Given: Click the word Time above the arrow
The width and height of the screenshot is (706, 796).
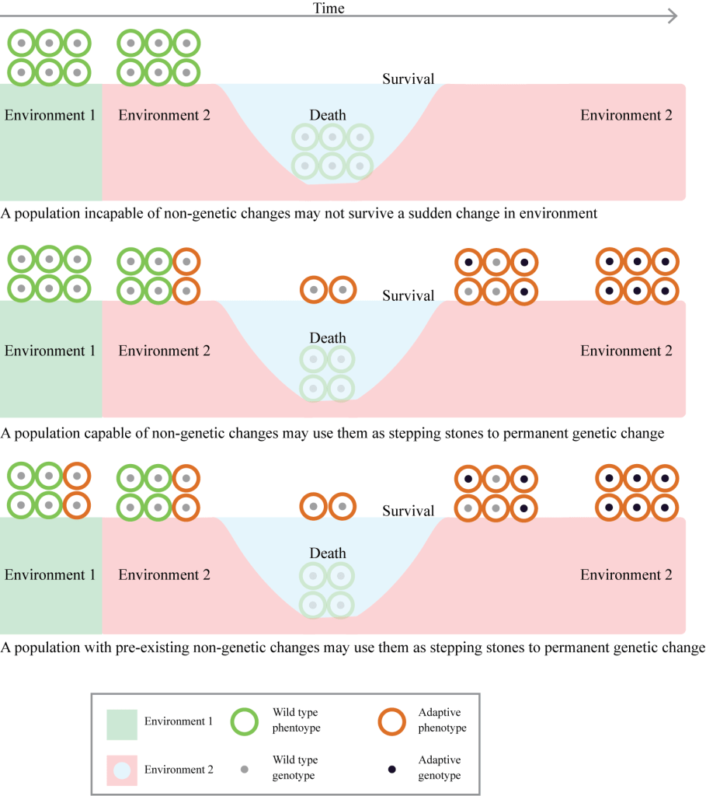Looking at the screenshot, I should (x=329, y=9).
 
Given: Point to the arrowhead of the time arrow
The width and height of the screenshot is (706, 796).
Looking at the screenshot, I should (x=673, y=16).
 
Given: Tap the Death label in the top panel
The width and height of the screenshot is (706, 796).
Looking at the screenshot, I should (x=328, y=115).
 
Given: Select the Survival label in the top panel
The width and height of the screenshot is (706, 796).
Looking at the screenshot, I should (x=408, y=79).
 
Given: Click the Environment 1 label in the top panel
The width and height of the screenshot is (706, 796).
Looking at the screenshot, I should (x=50, y=115).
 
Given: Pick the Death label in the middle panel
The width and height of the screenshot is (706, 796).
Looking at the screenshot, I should (x=328, y=338).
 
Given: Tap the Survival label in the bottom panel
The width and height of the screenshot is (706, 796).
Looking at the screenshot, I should (x=408, y=511).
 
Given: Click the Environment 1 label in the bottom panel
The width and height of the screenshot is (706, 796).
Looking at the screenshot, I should (x=50, y=574).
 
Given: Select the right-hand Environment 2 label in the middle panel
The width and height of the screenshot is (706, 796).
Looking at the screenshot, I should (x=626, y=351).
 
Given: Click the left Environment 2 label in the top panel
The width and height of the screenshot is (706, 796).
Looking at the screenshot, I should (x=164, y=115).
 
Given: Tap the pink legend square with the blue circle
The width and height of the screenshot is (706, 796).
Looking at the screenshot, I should (x=122, y=770).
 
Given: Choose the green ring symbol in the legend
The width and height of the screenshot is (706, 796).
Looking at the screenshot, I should (x=245, y=721).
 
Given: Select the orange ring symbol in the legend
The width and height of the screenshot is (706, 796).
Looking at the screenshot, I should (x=391, y=721).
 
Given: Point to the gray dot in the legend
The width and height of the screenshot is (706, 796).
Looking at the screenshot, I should (x=245, y=769).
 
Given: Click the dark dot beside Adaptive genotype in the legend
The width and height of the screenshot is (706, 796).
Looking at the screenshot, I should (x=391, y=769).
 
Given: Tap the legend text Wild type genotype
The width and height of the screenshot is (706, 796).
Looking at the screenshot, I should (x=295, y=767).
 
